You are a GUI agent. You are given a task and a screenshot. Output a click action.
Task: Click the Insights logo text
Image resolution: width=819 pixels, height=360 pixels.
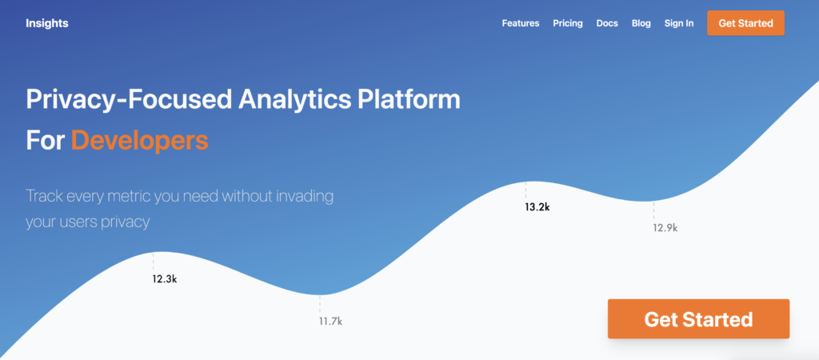coord(47,23)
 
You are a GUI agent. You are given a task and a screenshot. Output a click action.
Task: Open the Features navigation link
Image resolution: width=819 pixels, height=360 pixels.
coord(521,23)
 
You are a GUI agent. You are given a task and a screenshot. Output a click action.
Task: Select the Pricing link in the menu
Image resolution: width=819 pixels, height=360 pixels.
coord(568,23)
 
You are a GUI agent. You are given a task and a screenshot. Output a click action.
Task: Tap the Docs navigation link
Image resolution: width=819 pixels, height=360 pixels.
coord(607,23)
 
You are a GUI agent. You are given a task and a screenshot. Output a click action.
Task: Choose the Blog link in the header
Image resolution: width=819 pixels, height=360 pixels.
coord(641,23)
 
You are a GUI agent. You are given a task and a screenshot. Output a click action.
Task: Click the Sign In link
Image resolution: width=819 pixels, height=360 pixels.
coord(679,23)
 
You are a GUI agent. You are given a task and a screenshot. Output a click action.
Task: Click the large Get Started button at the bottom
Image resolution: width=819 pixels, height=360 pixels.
coord(698,318)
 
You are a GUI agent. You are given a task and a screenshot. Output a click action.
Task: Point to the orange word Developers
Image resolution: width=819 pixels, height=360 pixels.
coord(139,141)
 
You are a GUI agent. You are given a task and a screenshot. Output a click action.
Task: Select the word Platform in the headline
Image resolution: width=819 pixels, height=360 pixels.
coord(409,99)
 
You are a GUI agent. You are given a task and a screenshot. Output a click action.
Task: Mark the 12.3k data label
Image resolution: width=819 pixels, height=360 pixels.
coord(165,279)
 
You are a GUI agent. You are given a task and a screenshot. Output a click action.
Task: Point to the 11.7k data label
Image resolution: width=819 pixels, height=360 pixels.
coord(330,321)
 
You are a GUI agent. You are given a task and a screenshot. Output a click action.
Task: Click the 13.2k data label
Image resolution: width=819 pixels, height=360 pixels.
coord(537,207)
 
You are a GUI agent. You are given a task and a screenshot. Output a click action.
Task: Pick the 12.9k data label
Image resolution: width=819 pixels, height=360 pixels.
coord(665,228)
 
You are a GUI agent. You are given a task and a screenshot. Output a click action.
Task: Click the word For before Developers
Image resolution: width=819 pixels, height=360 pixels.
coord(46,141)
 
